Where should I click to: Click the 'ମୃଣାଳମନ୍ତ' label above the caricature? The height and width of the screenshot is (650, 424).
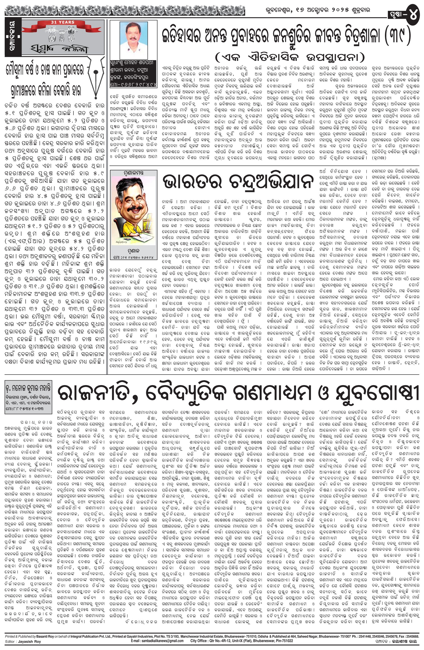[x=133, y=173]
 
